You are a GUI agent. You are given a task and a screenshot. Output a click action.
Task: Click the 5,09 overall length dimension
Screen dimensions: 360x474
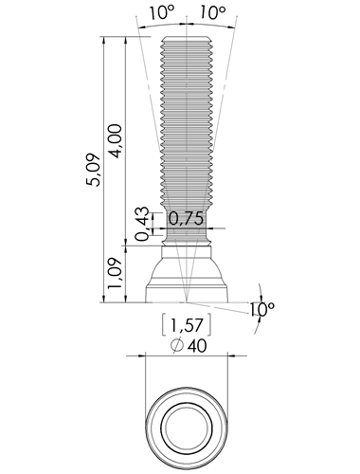pos(95,170)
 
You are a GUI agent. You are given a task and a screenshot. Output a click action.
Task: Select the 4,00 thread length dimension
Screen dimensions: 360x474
pos(115,141)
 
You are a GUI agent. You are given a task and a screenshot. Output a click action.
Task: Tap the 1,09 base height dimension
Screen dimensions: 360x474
pos(115,273)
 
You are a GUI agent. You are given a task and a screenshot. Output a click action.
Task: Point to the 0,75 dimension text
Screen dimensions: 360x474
pos(186,218)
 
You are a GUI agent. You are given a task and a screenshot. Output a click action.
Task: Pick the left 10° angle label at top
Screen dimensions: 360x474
pos(162,12)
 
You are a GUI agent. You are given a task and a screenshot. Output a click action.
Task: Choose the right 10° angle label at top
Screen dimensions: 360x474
pos(213,12)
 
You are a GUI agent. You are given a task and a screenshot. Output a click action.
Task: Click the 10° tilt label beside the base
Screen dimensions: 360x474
pos(262,309)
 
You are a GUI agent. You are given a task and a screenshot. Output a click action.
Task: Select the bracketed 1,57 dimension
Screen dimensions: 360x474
pos(187,324)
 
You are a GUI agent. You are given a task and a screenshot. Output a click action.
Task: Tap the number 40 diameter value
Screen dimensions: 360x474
pos(197,346)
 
